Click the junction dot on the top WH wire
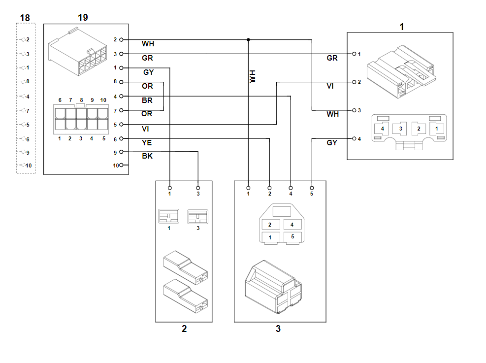pos(248,39)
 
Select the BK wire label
pos(147,156)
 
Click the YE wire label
pos(147,143)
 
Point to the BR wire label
pos(147,100)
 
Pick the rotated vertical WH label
pos(253,76)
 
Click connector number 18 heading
pos(25,18)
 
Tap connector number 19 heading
pos(83,18)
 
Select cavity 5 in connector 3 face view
pos(292,237)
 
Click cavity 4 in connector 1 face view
pos(382,129)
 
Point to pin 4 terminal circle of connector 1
pos(354,139)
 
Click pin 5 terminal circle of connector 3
pos(312,187)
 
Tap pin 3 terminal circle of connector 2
pos(198,187)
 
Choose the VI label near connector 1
pos(330,86)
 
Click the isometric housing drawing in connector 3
pos(273,286)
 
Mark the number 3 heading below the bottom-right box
pos(278,329)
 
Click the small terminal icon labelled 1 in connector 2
pos(169,217)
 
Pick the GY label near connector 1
pos(332,143)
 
